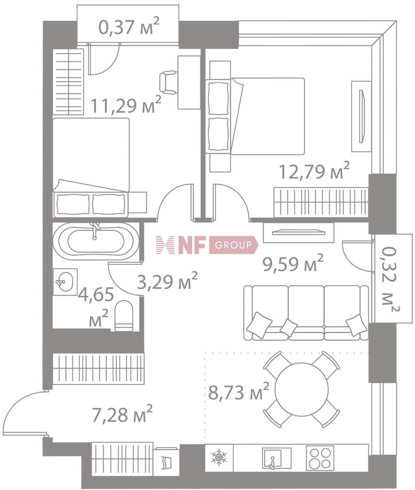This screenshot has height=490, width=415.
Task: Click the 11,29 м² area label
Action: click(x=126, y=105)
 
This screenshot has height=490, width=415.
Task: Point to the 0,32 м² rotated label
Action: click(x=391, y=279)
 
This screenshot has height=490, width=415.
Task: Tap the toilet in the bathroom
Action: click(x=124, y=316)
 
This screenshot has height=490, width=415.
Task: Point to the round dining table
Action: click(x=301, y=389)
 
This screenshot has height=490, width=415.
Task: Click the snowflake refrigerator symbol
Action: click(x=219, y=457)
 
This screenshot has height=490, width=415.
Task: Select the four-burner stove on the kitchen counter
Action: click(x=320, y=458)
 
